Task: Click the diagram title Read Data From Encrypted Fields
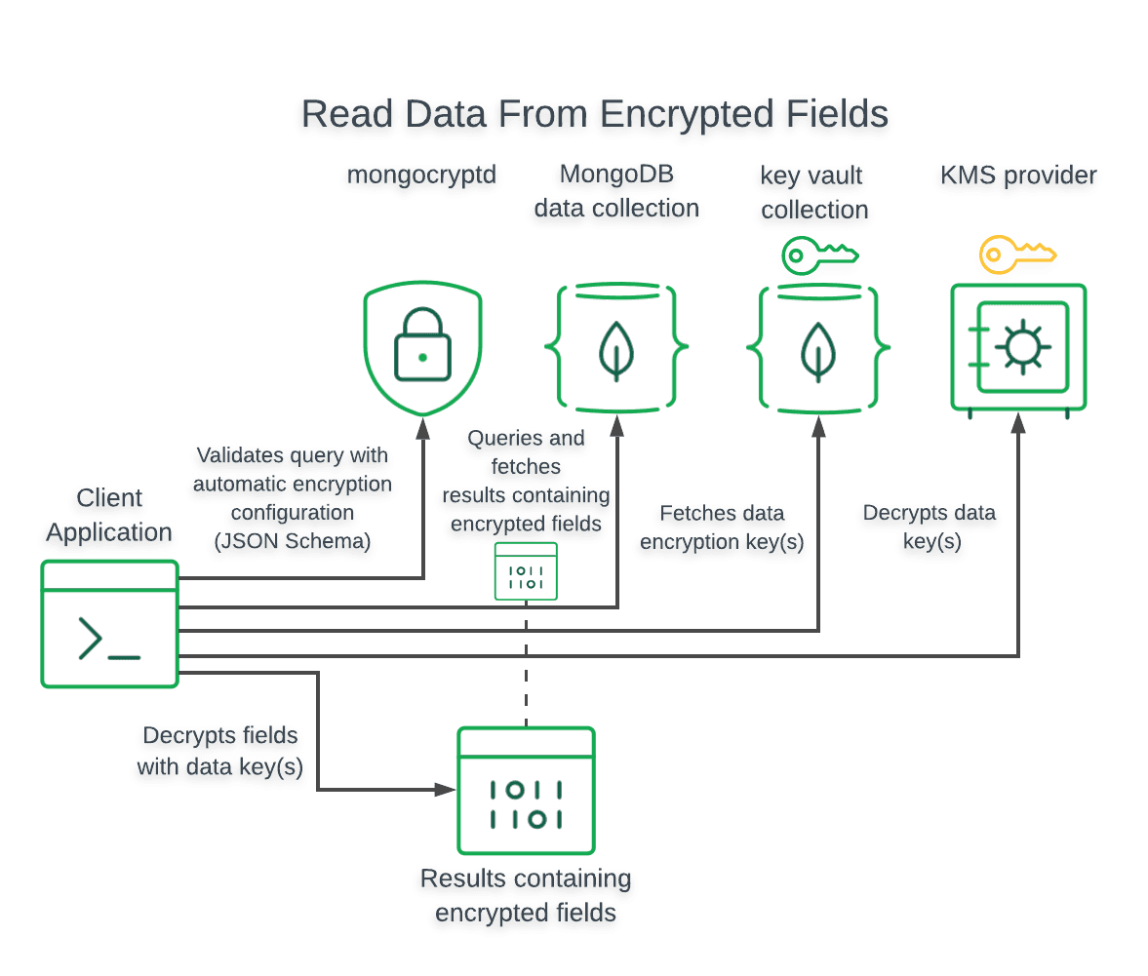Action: pyautogui.click(x=594, y=114)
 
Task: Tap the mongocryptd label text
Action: pyautogui.click(x=422, y=176)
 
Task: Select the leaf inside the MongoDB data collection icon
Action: pyautogui.click(x=615, y=349)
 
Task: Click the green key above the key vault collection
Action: pyautogui.click(x=819, y=256)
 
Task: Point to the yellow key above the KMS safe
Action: pyautogui.click(x=1016, y=255)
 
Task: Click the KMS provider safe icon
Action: pyautogui.click(x=1018, y=347)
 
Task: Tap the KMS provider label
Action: pyautogui.click(x=1018, y=176)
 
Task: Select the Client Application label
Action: pyautogui.click(x=109, y=515)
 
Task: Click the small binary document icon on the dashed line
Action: pyautogui.click(x=526, y=571)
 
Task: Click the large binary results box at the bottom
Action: pyautogui.click(x=526, y=791)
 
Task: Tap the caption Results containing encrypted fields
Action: pyautogui.click(x=526, y=895)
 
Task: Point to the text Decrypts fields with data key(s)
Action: pyautogui.click(x=220, y=751)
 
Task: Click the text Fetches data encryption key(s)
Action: pyautogui.click(x=722, y=527)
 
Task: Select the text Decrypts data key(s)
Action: pyautogui.click(x=930, y=527)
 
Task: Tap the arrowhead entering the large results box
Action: pyautogui.click(x=446, y=789)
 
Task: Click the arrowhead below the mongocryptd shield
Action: pyautogui.click(x=423, y=425)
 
